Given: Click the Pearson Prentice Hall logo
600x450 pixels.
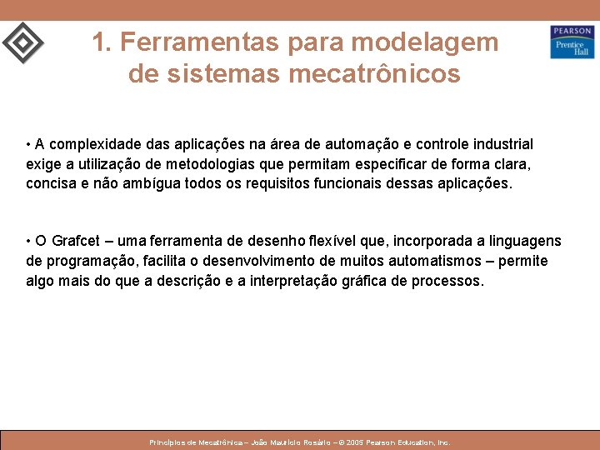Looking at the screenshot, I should pos(572,42).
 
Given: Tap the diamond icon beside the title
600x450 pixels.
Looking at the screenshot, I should pos(22,42).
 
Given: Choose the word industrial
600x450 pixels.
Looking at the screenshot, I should pos(502,144).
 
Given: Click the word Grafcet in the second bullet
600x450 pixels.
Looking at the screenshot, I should pos(76,241).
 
